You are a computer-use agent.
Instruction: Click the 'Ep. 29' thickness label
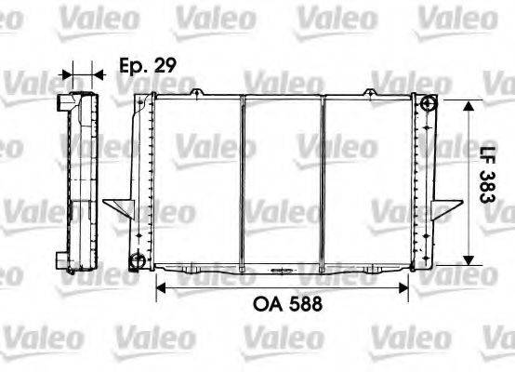pos(148,66)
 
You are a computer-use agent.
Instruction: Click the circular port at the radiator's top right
pos(428,104)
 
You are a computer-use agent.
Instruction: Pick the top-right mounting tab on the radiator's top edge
pos(371,91)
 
